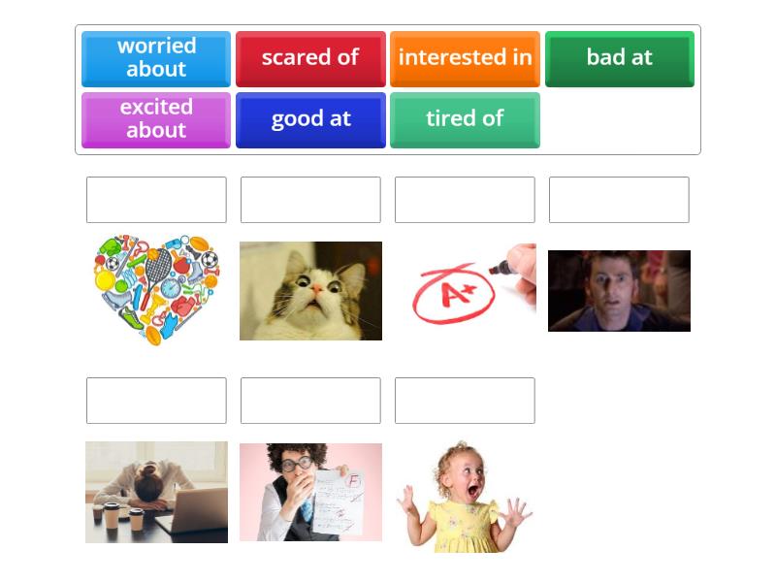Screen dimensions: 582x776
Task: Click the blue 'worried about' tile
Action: [x=156, y=58]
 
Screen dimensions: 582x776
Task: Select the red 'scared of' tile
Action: [x=310, y=58]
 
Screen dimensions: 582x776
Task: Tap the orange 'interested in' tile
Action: [x=465, y=58]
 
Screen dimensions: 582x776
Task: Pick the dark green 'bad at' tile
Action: [x=619, y=58]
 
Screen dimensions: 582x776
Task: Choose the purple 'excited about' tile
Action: [x=156, y=119]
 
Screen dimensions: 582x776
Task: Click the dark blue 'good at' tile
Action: [x=310, y=119]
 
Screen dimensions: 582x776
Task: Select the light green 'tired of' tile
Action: [x=465, y=119]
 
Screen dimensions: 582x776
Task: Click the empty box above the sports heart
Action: [x=156, y=200]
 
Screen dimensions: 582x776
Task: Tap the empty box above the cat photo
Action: [x=310, y=200]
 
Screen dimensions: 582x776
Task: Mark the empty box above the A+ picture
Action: [x=465, y=200]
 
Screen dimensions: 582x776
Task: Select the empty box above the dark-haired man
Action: [x=619, y=200]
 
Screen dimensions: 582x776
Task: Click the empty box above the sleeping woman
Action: [x=156, y=401]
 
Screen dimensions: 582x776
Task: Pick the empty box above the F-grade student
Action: [x=310, y=401]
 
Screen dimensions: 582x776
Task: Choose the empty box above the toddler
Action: [x=465, y=401]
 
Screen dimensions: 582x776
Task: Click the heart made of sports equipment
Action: [x=156, y=289]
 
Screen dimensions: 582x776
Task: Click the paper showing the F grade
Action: [x=342, y=500]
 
